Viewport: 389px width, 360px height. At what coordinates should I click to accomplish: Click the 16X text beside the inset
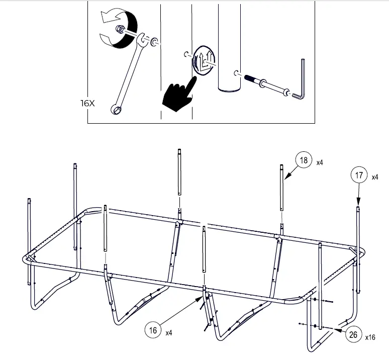point(87,103)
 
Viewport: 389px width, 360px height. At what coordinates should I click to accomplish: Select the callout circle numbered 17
point(358,176)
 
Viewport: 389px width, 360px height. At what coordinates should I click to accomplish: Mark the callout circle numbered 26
point(354,335)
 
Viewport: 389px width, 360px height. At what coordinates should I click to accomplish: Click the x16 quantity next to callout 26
point(370,337)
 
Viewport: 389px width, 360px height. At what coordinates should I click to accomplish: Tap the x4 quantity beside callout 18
point(320,163)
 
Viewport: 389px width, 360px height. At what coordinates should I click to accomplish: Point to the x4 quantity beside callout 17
point(375,177)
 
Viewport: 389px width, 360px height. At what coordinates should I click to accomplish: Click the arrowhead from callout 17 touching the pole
point(358,204)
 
